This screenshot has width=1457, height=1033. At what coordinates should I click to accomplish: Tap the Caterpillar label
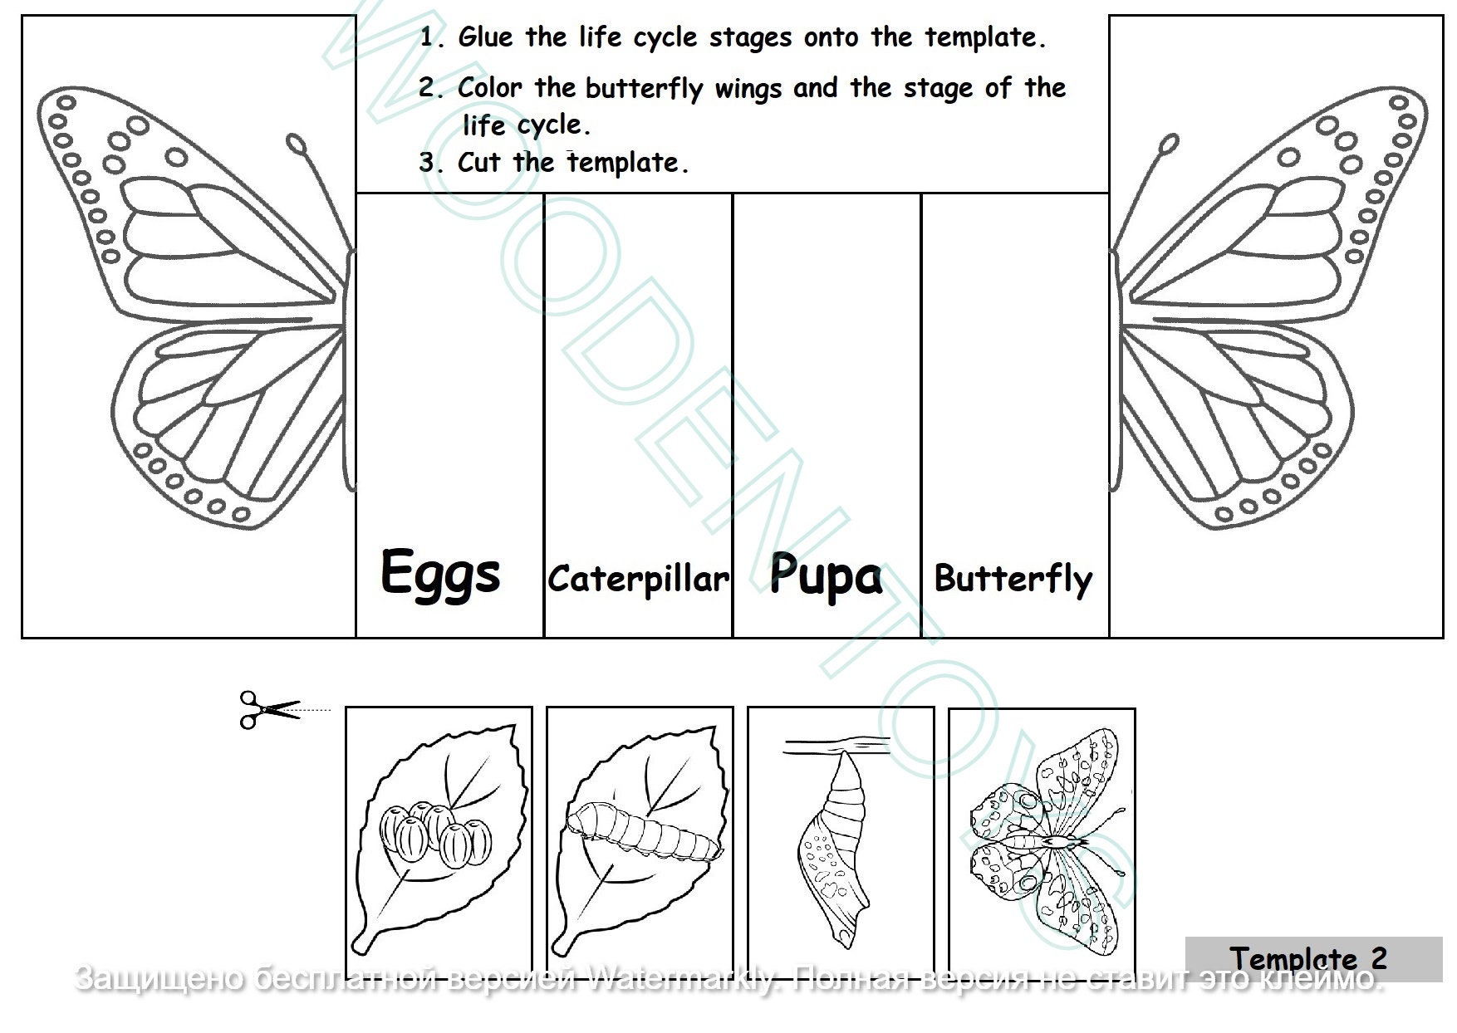[638, 579]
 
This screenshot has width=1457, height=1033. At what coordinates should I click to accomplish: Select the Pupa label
[826, 575]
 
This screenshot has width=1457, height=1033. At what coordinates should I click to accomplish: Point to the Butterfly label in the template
[1013, 579]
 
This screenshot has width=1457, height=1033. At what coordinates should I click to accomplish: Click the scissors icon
[267, 710]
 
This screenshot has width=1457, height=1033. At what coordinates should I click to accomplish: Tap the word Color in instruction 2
[490, 87]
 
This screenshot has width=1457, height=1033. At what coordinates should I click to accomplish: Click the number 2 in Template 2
[1378, 958]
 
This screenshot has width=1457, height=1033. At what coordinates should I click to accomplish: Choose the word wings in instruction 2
[748, 88]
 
